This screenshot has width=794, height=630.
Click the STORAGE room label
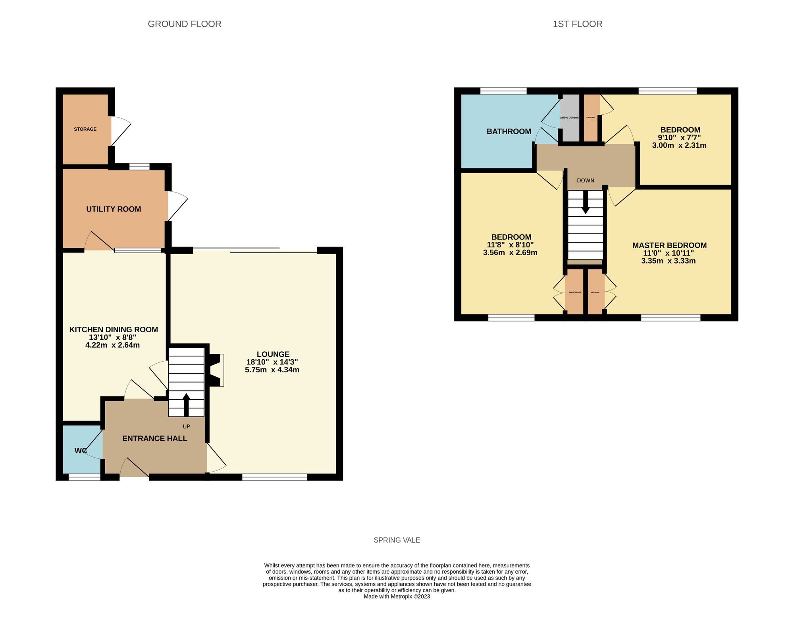(x=85, y=129)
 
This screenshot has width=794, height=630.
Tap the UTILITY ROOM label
(x=114, y=209)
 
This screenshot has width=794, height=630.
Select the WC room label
(x=81, y=451)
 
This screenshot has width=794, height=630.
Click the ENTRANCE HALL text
(x=154, y=438)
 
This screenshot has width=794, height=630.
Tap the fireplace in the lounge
(x=216, y=370)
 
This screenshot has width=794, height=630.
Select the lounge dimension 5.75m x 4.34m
(x=272, y=370)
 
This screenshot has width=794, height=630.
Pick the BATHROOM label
(x=509, y=131)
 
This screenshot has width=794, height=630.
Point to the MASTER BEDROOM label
(x=669, y=245)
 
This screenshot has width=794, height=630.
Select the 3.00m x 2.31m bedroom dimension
(x=679, y=145)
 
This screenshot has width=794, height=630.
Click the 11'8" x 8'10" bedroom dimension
(x=510, y=245)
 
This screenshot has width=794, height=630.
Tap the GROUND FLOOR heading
(x=184, y=24)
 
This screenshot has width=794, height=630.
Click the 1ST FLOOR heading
(x=577, y=24)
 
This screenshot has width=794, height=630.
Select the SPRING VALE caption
(x=397, y=540)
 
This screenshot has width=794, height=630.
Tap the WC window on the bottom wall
(x=85, y=477)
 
